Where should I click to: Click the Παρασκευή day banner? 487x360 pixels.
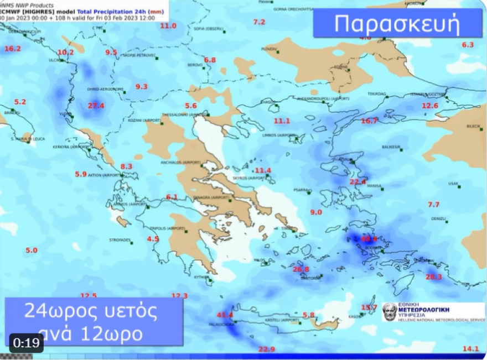[x=397, y=24]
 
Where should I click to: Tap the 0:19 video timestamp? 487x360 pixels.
[x=25, y=343]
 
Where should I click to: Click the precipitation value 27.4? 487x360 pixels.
[x=96, y=106]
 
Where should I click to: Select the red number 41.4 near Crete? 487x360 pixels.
[x=225, y=315]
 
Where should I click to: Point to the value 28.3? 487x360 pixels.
[x=434, y=276]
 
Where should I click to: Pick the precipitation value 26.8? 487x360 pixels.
[x=301, y=269]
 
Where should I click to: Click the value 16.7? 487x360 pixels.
[x=369, y=121]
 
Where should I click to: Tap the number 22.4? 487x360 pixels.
[x=358, y=182]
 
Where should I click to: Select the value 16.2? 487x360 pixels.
[x=12, y=49]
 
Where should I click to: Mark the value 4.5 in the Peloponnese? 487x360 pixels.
[x=153, y=239]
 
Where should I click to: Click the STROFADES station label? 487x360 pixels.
[x=120, y=240]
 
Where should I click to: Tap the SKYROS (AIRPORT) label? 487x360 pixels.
[x=249, y=179]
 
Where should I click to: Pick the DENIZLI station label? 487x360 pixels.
[x=438, y=218]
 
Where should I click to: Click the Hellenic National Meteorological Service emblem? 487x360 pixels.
[x=390, y=312]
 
